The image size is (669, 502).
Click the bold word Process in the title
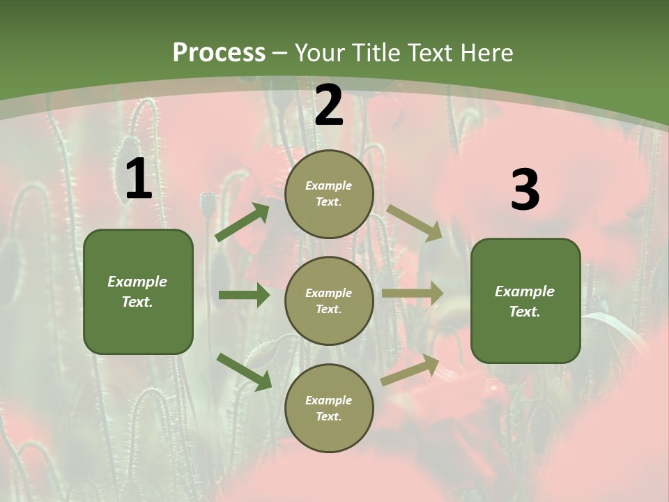click(219, 53)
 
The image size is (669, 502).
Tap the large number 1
click(139, 180)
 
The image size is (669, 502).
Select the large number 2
click(329, 106)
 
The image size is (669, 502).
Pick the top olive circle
click(329, 194)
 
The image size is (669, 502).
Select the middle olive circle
click(329, 301)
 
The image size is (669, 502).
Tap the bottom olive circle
click(329, 408)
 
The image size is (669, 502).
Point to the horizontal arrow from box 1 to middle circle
click(244, 295)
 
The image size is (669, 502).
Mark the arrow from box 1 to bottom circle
click(244, 371)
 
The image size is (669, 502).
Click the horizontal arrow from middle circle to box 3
click(413, 293)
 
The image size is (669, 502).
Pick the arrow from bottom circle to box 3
click(410, 370)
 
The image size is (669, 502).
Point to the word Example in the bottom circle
click(329, 400)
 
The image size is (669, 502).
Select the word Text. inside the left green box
click(138, 302)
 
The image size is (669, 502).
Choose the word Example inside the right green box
click(525, 291)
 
